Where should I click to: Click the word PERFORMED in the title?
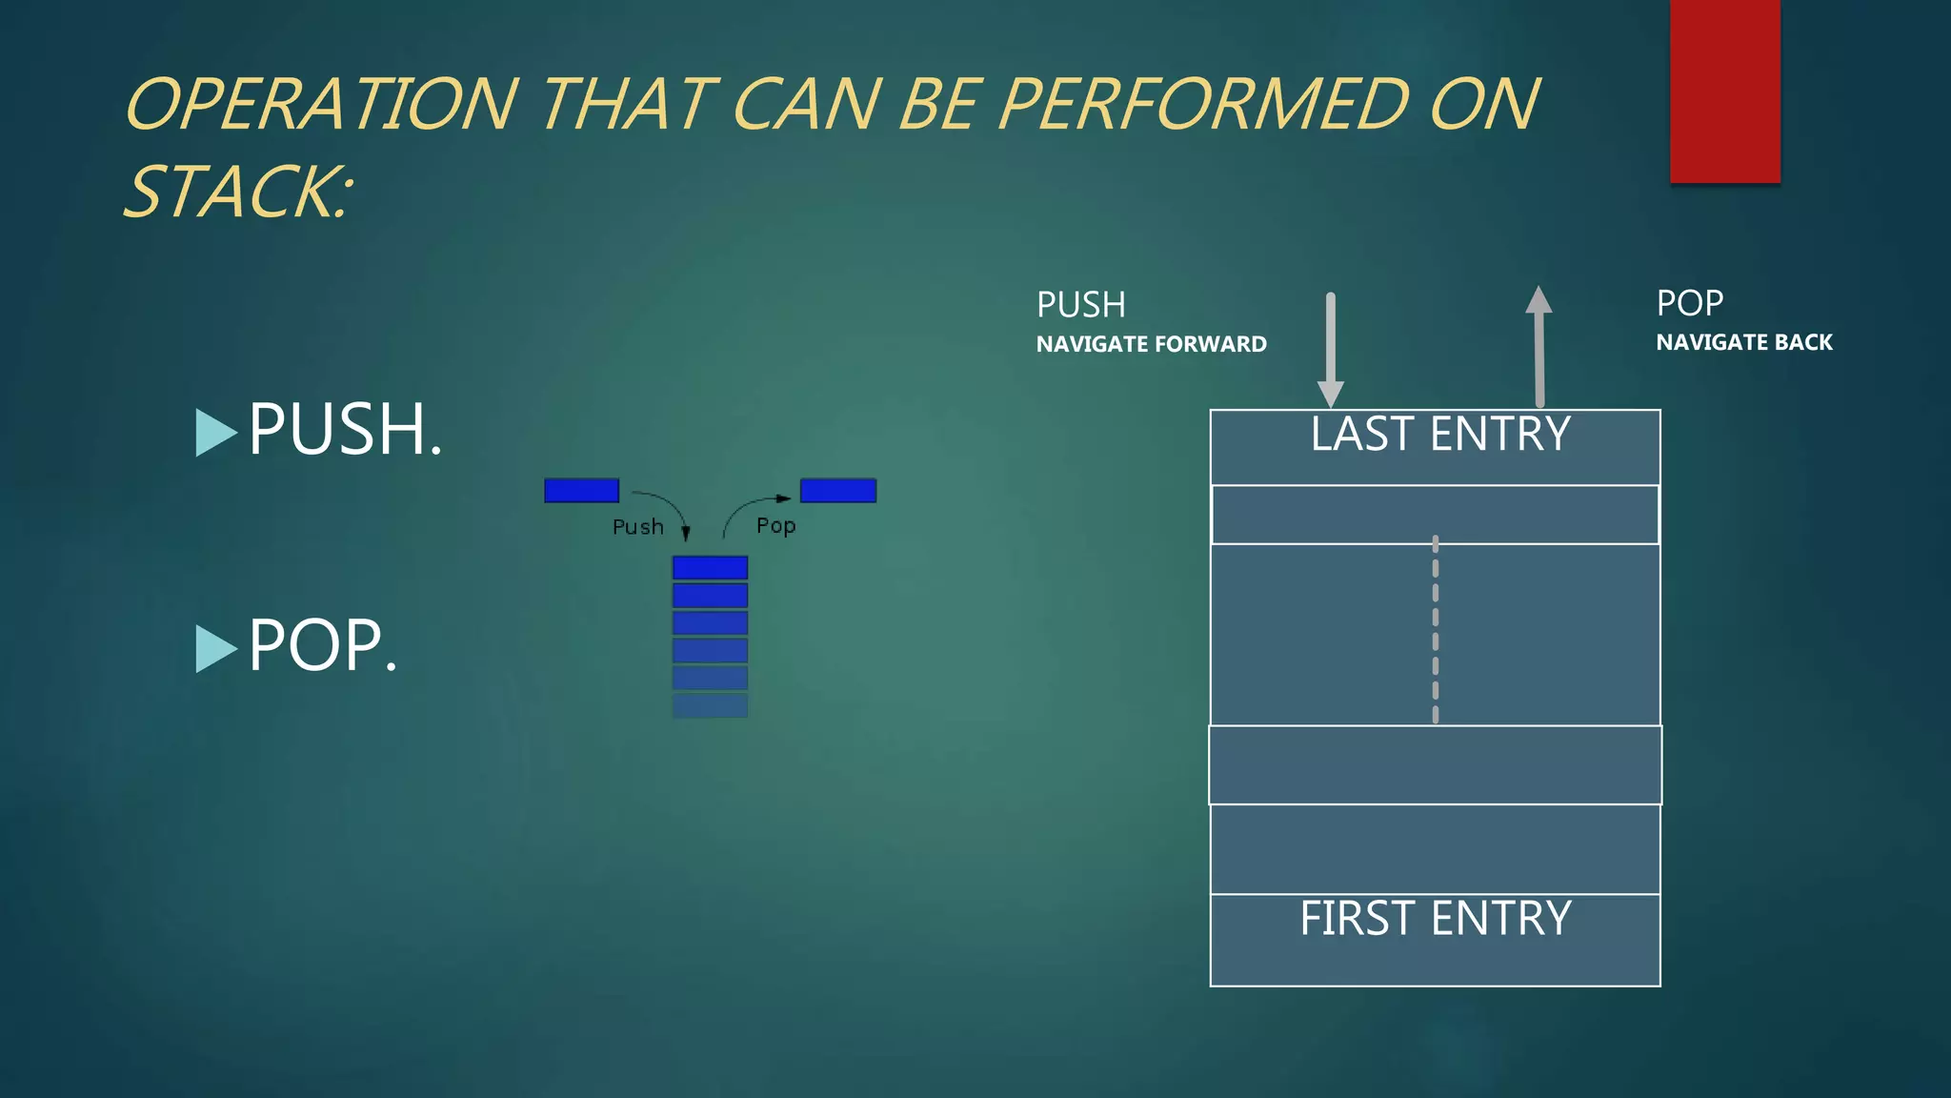click(1203, 104)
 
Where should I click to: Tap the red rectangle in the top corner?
click(1724, 91)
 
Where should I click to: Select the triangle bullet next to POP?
click(215, 648)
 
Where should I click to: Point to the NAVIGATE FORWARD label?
click(1151, 344)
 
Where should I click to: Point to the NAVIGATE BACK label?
click(1743, 342)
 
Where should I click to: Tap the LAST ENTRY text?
click(1439, 435)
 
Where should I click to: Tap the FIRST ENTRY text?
click(1435, 919)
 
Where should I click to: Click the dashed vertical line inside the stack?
click(1435, 630)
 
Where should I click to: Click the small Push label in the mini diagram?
click(637, 527)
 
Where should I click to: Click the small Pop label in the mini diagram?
click(775, 525)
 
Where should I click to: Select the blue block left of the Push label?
click(581, 490)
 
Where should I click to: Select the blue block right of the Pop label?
click(837, 490)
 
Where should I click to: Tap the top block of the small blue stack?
click(710, 568)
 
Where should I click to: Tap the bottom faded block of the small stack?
click(710, 705)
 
